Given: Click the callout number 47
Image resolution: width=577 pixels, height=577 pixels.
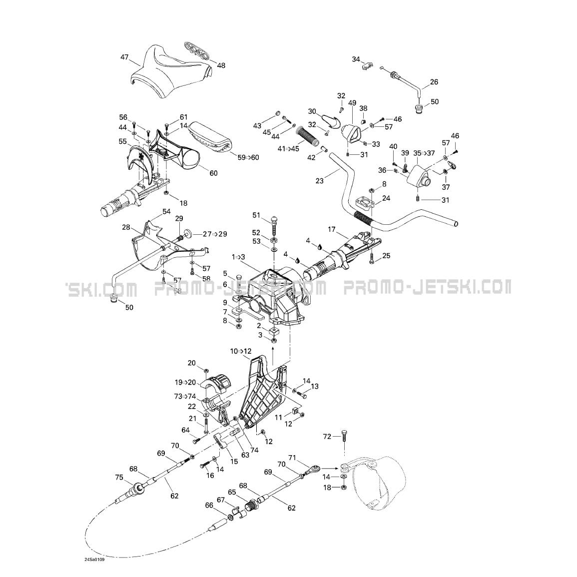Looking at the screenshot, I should point(124,57).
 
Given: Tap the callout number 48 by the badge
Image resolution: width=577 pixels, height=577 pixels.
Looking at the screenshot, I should point(221,65).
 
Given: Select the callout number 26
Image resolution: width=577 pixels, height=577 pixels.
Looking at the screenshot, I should point(434,82).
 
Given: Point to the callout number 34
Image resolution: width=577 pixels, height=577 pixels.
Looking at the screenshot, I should point(356,59).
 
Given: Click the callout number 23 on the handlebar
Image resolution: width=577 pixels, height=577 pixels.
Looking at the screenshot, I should point(320,181).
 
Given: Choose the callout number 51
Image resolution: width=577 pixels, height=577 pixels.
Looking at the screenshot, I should point(256,215).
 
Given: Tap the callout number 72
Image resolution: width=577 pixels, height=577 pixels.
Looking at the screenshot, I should point(327,436).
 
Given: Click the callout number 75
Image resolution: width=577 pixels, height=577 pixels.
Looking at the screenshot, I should point(118,477).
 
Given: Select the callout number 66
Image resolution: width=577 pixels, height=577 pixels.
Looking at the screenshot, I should point(209,505).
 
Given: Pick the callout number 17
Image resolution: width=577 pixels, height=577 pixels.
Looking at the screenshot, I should point(332,229).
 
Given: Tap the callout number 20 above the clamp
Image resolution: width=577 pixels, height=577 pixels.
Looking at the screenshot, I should point(192,363).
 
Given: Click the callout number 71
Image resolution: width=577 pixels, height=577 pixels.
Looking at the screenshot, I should point(292,458).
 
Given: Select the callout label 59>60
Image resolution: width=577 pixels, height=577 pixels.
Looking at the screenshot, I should point(248,157).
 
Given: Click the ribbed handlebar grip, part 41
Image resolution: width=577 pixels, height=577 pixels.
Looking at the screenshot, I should point(308,135).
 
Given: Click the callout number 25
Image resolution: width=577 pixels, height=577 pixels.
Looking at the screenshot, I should point(386,256).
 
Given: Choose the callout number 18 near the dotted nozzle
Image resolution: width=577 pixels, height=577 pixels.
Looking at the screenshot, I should point(327,487).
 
